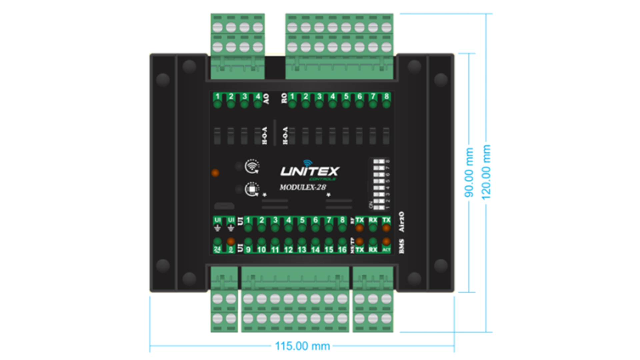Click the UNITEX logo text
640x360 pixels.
coord(309,171)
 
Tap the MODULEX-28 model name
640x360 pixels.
coord(303,187)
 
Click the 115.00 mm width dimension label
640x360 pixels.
coord(302,346)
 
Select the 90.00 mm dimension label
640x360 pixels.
coord(469,172)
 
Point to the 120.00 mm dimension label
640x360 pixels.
coord(486,172)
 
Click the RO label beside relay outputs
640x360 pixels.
coord(284,98)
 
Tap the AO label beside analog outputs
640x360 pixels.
coord(266,99)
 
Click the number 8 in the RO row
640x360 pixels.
coord(386,96)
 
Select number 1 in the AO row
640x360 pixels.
coord(217,96)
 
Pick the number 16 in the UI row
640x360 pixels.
coord(342,250)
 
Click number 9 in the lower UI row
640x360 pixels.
coord(248,250)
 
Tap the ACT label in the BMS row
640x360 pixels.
coord(386,250)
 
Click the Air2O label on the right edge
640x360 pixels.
coord(401,222)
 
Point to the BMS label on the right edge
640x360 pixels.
coord(401,246)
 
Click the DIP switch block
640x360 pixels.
coord(379,184)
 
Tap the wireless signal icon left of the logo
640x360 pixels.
coord(252,166)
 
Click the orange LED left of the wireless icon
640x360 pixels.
coord(215,173)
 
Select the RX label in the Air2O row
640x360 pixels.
coord(373,220)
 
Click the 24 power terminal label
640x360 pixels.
coord(217,249)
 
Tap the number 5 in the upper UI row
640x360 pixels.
coord(302,220)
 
